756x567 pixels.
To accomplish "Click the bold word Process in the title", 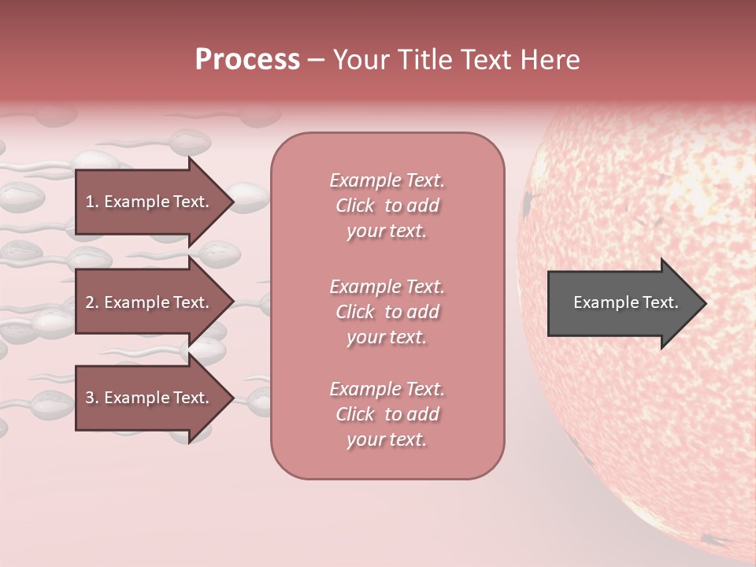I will tap(247, 60).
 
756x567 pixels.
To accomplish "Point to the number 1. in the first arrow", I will tap(92, 202).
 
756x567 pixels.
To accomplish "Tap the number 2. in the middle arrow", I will tap(92, 302).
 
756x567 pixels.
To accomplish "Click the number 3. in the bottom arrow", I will tap(92, 398).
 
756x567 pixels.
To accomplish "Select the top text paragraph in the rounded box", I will tap(387, 206).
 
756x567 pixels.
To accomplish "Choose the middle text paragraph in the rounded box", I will tap(387, 312).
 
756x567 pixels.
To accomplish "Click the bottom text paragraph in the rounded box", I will tap(387, 414).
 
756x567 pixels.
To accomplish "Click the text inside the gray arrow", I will tap(625, 302).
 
